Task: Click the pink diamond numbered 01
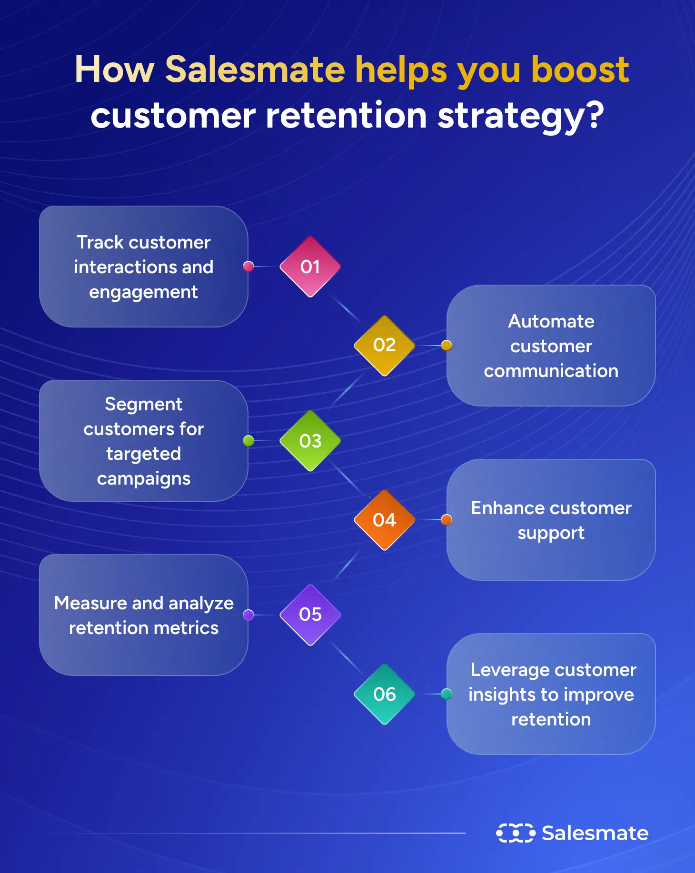click(310, 267)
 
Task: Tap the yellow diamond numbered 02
click(384, 345)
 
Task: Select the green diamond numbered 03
click(310, 441)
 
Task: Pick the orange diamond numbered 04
click(384, 520)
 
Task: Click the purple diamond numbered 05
click(310, 615)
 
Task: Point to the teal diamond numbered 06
click(384, 694)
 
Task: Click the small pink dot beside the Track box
click(248, 267)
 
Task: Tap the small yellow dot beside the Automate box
click(446, 346)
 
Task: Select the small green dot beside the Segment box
click(248, 441)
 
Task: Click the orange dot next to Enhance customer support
click(446, 520)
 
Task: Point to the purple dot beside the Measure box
click(248, 615)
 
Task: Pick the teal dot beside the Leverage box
click(446, 694)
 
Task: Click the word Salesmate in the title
click(255, 69)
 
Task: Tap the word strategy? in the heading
click(520, 116)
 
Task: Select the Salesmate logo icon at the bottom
click(516, 833)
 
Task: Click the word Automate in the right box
click(551, 321)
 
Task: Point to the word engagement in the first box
click(143, 292)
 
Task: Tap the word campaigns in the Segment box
click(143, 479)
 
